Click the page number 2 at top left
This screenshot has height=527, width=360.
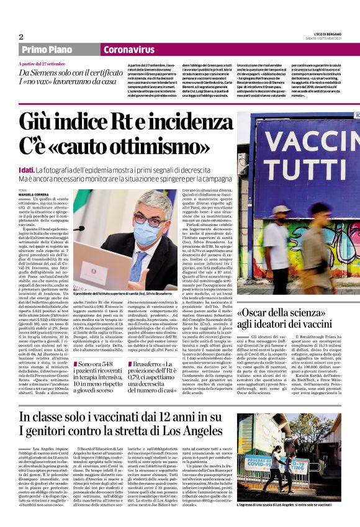tap(20, 37)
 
